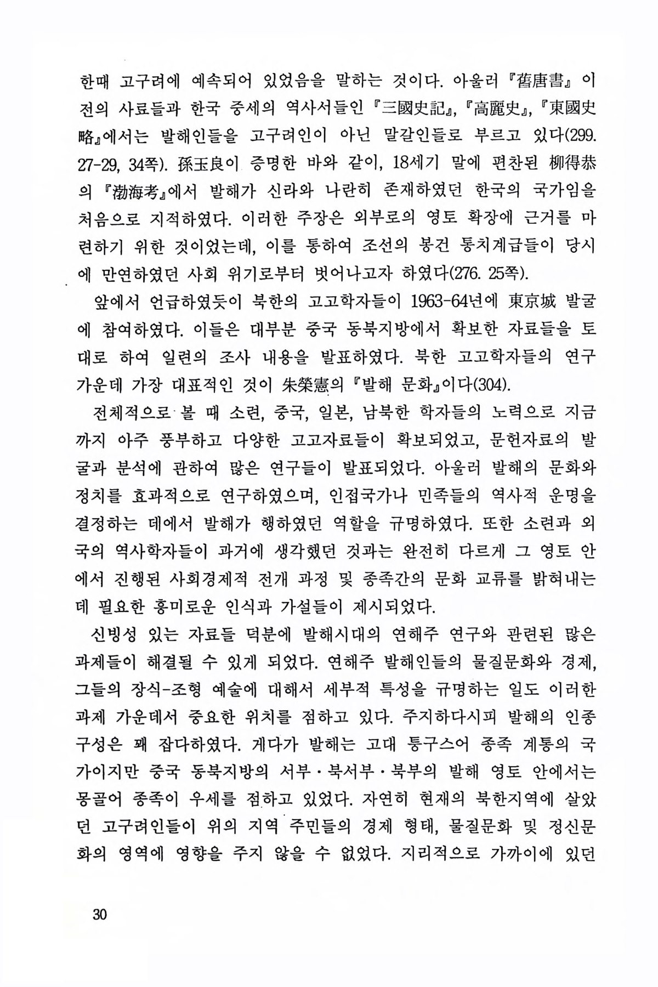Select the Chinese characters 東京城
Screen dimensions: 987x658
pos(527,302)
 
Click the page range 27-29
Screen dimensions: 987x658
pos(99,163)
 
